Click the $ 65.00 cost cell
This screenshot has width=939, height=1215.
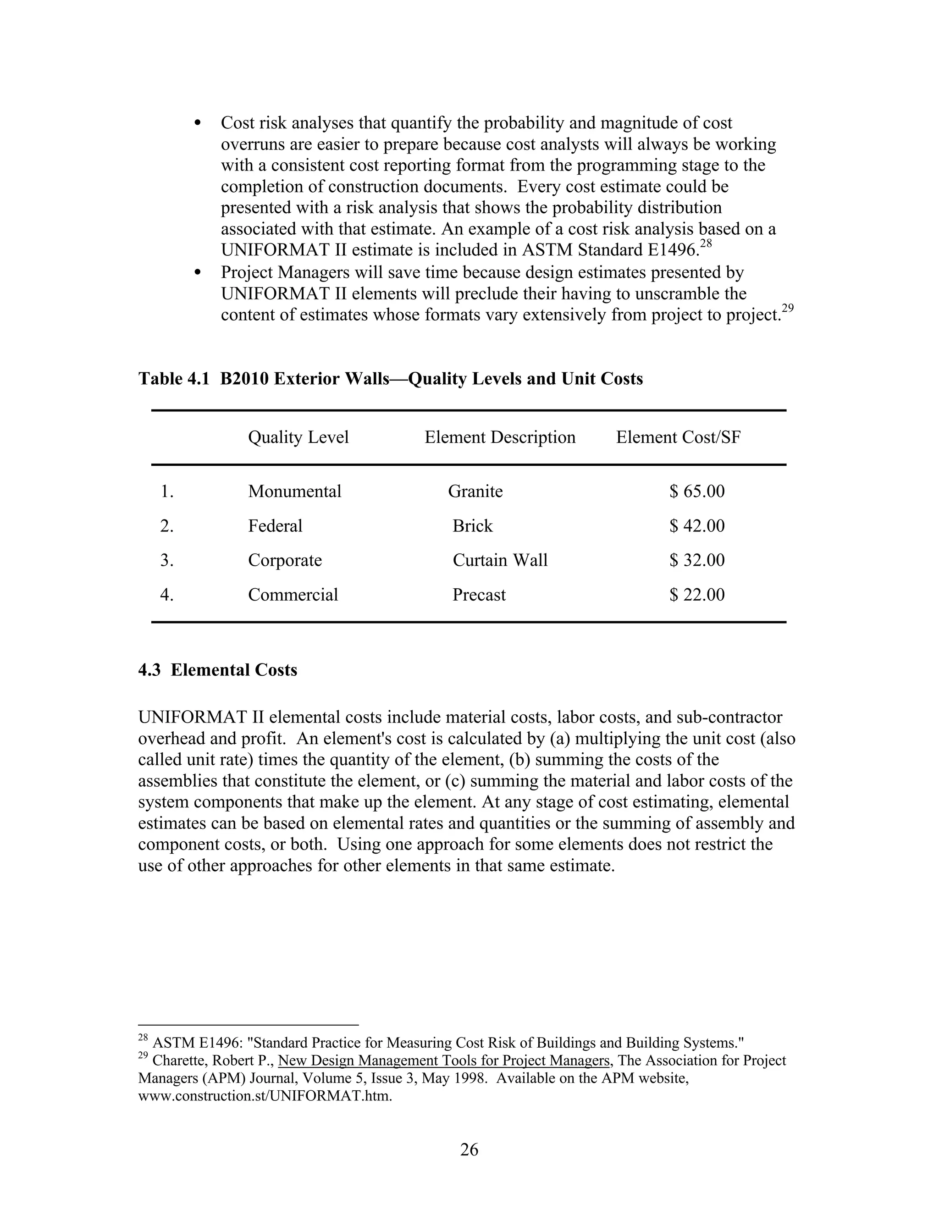click(x=696, y=491)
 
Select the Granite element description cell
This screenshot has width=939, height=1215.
click(x=475, y=491)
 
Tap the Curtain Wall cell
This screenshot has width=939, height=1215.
click(x=500, y=560)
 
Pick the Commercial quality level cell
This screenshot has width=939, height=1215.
click(x=293, y=595)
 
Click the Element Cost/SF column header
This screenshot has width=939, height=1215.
click(x=678, y=437)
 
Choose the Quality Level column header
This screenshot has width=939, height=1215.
click(x=298, y=437)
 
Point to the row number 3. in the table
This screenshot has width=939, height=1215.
click(x=167, y=560)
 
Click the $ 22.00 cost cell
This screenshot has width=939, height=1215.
click(x=696, y=595)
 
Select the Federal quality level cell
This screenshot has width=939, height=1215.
click(x=275, y=526)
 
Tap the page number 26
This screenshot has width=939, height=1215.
click(x=469, y=1149)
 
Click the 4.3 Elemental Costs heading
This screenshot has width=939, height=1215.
click(x=217, y=670)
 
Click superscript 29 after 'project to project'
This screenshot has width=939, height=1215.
click(x=787, y=309)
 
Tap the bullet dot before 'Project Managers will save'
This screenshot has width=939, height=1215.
click(x=198, y=273)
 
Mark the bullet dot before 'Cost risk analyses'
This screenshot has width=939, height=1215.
click(x=198, y=123)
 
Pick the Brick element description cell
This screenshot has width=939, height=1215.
click(x=472, y=526)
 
